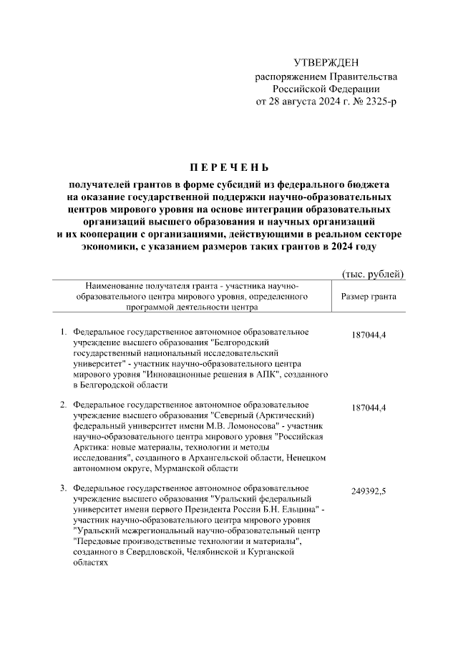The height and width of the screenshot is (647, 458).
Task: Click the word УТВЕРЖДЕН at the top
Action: pos(326,63)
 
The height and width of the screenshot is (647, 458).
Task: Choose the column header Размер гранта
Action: pos(369,296)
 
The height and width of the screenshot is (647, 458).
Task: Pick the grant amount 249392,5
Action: pos(369,493)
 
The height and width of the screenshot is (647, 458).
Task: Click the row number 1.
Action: pos(63,332)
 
